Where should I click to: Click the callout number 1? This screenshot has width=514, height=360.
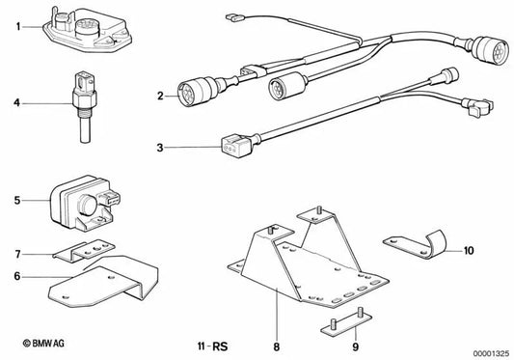point(18,26)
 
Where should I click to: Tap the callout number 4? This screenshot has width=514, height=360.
point(16,103)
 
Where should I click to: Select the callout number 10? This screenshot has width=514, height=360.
point(469,251)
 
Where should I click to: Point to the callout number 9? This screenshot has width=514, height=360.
point(356,346)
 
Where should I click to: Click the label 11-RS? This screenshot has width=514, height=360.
point(212,346)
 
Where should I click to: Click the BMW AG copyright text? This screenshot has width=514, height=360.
point(43,344)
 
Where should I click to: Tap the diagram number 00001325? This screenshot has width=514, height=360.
point(491,354)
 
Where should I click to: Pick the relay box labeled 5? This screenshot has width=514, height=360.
point(85,204)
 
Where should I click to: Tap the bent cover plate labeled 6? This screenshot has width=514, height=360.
point(103,282)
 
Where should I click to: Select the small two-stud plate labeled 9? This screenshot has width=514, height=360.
point(346,322)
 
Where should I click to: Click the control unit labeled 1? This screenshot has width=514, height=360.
point(87,30)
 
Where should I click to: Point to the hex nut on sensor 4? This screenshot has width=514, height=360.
point(85,97)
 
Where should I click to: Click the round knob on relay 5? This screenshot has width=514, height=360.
point(87,205)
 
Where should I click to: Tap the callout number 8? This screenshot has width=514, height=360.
point(277,346)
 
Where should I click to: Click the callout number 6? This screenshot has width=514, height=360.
point(17,276)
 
